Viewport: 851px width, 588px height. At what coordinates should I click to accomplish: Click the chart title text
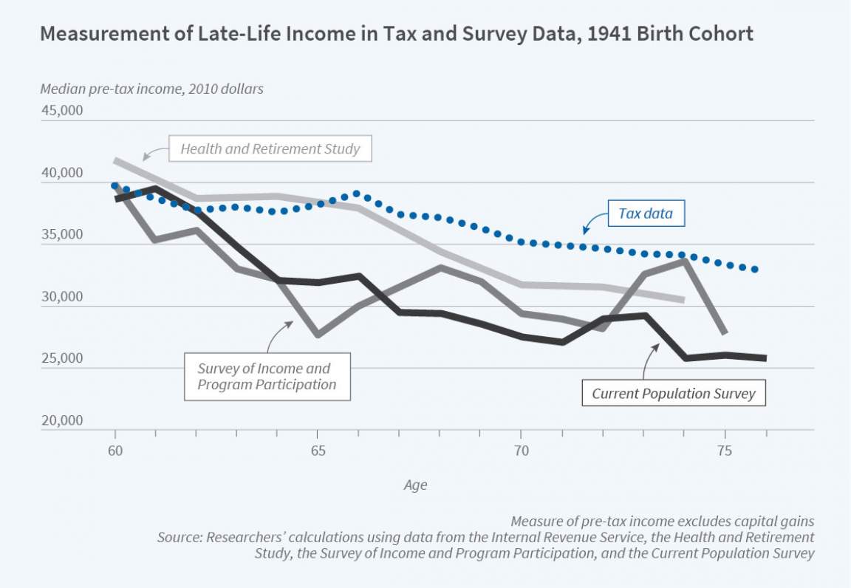[x=397, y=35]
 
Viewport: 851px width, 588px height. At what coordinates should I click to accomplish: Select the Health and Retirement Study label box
[x=270, y=149]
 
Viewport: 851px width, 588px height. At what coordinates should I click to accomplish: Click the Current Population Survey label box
[x=673, y=393]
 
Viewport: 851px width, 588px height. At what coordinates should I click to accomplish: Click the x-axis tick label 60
[x=115, y=451]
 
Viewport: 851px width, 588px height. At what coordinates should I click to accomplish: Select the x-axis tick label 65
[x=318, y=451]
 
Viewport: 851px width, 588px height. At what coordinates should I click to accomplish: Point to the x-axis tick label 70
[x=521, y=451]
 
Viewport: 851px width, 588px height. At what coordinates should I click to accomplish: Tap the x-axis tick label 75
[x=724, y=451]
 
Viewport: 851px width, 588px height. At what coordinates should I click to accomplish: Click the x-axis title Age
[x=414, y=485]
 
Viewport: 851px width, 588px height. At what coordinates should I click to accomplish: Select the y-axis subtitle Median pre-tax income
[x=151, y=89]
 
